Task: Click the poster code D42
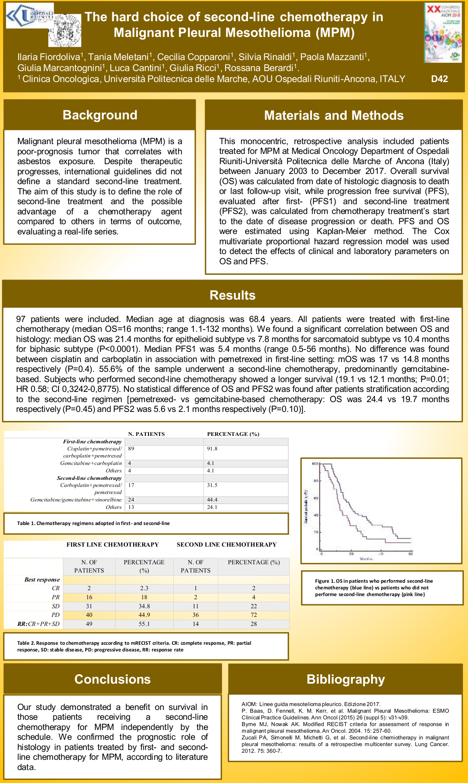[x=439, y=79]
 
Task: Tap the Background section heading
[x=100, y=115]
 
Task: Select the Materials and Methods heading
[x=334, y=115]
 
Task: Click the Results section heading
[x=232, y=295]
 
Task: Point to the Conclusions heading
[x=112, y=679]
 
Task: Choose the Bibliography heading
[x=345, y=679]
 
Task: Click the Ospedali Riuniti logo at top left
[x=29, y=15]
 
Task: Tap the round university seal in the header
[x=65, y=30]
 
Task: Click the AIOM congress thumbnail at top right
[x=443, y=33]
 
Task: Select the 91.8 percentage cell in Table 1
[x=212, y=448]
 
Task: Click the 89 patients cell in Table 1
[x=131, y=448]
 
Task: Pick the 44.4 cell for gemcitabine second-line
[x=212, y=500]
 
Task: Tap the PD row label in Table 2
[x=55, y=615]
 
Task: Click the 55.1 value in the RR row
[x=144, y=624]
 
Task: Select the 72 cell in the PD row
[x=254, y=615]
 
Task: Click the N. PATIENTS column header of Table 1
[x=147, y=434]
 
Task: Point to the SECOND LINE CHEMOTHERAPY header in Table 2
[x=227, y=545]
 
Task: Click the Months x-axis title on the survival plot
[x=366, y=558]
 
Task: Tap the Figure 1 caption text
[x=374, y=587]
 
